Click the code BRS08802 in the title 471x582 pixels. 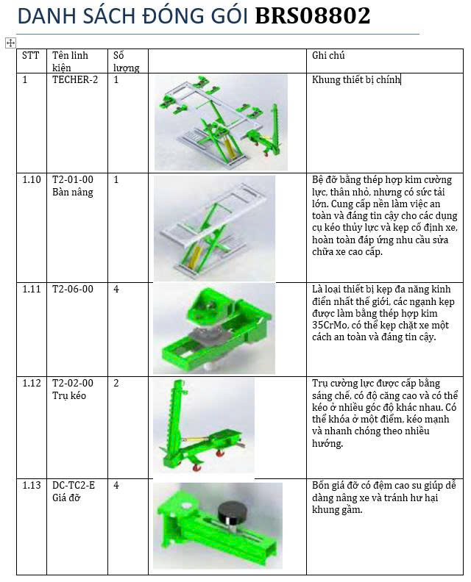313,16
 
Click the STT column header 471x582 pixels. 31,56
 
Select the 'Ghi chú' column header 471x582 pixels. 328,56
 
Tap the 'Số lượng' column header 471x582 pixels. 126,62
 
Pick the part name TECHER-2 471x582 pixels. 74,80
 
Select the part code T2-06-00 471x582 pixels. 73,290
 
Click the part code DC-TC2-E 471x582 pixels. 74,486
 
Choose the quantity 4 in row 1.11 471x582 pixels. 116,290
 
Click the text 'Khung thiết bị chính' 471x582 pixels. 355,80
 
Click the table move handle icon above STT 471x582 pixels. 10,43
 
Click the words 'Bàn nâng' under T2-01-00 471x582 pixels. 73,193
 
